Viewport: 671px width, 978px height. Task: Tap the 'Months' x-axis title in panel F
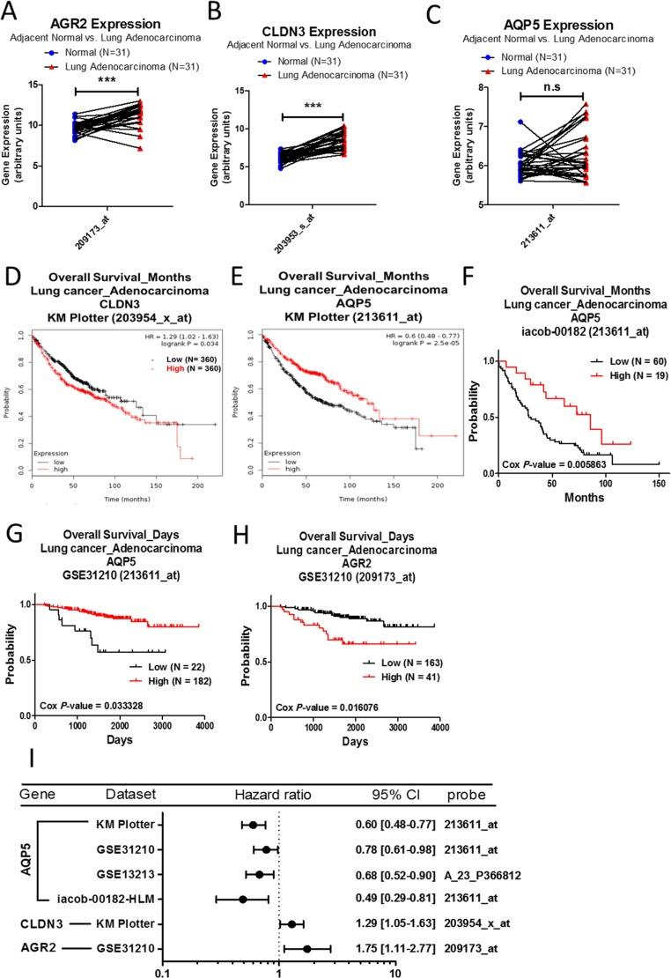pyautogui.click(x=583, y=497)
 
